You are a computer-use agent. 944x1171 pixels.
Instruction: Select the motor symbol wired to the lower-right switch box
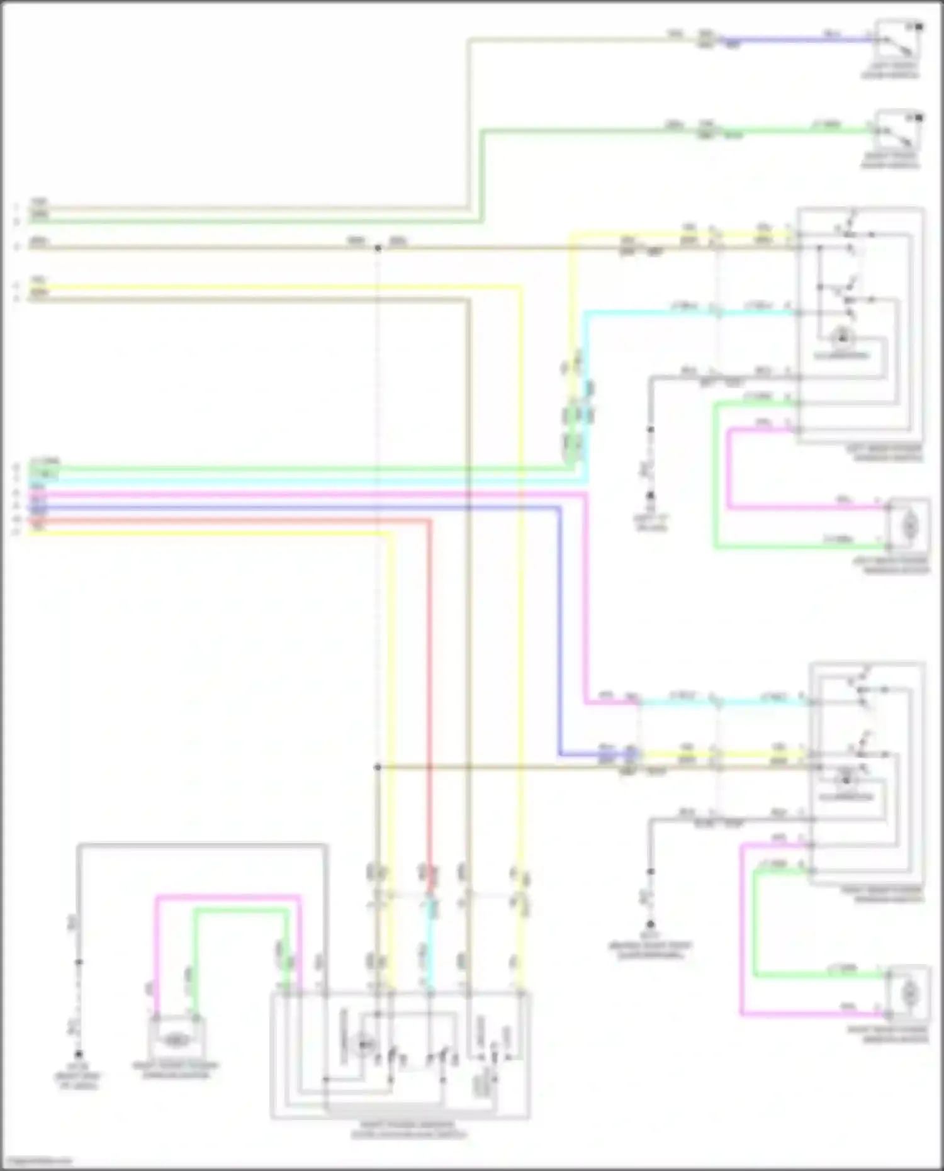[909, 994]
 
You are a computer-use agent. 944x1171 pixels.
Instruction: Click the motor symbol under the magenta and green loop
[176, 1041]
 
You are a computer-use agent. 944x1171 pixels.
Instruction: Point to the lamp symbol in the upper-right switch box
[841, 338]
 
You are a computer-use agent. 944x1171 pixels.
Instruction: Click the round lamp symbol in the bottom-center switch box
[364, 1045]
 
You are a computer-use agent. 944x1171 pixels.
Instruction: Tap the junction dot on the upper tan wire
[378, 249]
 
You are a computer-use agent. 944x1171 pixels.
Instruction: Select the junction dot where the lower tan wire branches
[378, 767]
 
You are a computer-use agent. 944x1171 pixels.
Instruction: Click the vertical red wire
[430, 692]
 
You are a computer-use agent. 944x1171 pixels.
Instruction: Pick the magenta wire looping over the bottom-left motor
[227, 897]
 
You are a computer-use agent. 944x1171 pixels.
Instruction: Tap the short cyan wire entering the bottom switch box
[430, 944]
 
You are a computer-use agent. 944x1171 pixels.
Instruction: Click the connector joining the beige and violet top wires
[707, 40]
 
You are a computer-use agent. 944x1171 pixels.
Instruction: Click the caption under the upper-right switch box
[887, 453]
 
